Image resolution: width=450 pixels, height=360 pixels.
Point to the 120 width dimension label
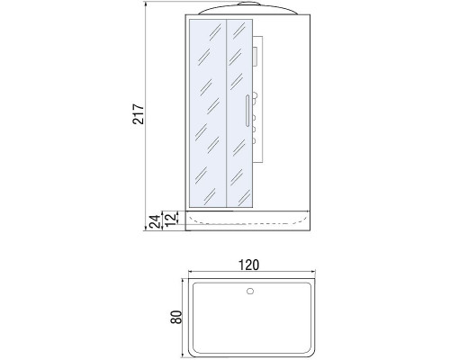tap(249, 265)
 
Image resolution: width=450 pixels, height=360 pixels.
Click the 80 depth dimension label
tap(177, 317)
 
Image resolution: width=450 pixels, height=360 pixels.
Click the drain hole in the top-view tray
tap(249, 292)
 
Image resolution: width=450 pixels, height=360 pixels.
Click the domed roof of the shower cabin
tap(247, 13)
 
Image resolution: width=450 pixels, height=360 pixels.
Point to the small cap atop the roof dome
tap(247, 6)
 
